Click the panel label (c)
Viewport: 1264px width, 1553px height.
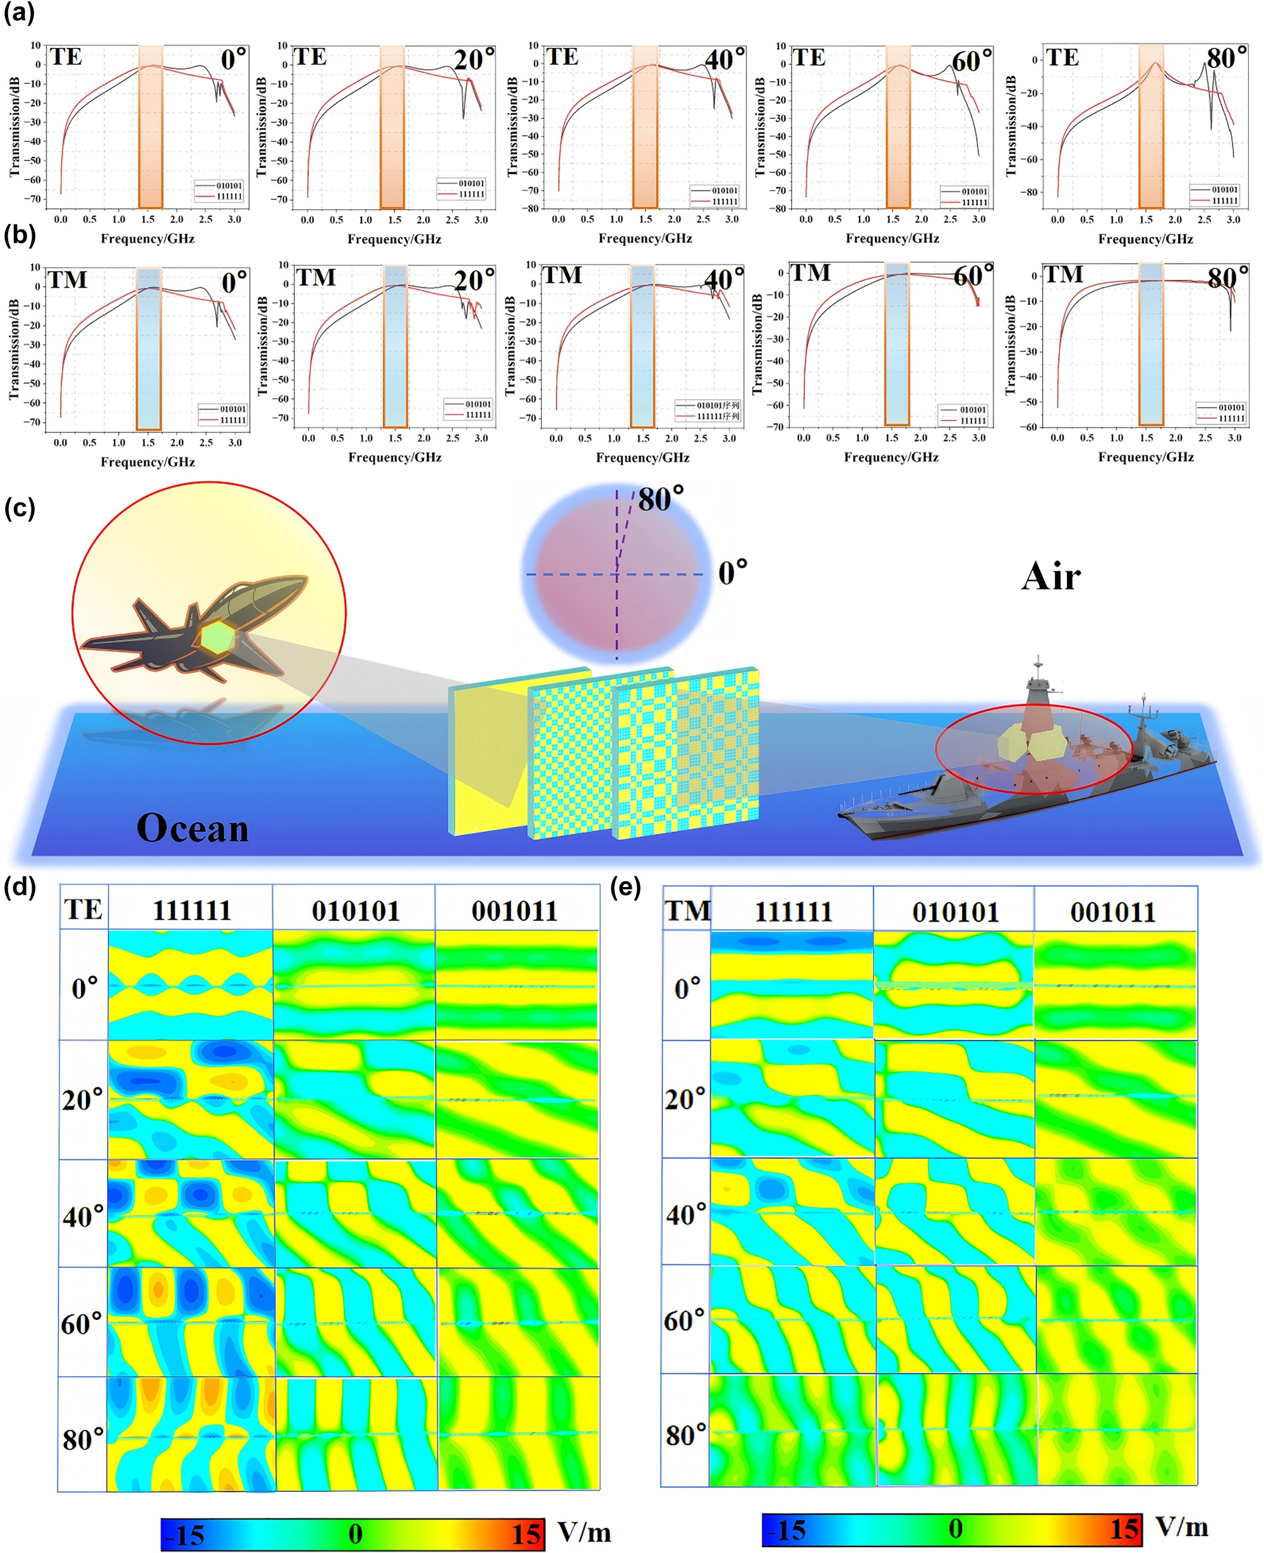coord(20,507)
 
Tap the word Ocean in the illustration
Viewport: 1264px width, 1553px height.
coord(192,828)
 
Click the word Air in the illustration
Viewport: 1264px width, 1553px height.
coord(1050,577)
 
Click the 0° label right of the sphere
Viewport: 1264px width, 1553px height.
coord(733,573)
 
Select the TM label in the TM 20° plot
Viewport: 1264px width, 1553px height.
coord(316,277)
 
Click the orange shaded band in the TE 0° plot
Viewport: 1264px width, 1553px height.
coord(151,128)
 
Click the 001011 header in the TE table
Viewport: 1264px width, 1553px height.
coord(514,911)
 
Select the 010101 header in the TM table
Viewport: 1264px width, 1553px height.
coord(954,912)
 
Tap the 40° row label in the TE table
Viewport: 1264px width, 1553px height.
coord(83,1216)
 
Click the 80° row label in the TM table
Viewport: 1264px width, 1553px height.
coord(686,1435)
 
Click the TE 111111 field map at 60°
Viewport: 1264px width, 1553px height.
coord(191,1322)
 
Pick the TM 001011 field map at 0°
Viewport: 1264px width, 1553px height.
coord(1115,985)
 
